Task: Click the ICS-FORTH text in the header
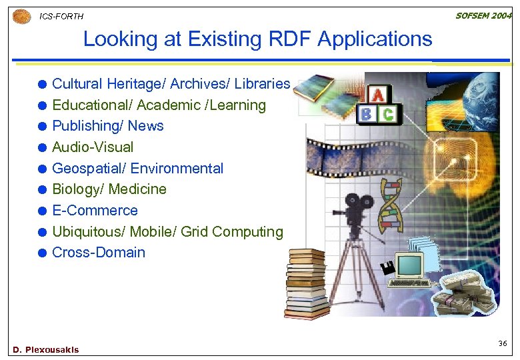pos(61,16)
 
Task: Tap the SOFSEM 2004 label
pos(483,15)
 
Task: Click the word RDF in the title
pos(286,39)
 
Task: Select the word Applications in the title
pos(375,39)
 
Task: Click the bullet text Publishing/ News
pos(107,126)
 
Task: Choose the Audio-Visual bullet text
pos(93,147)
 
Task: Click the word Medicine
pos(137,189)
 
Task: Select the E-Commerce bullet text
pos(95,211)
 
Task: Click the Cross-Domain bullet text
pos(98,253)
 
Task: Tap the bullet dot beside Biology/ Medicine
pos(42,190)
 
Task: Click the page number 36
pos(502,343)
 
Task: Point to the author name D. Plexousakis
pos(45,350)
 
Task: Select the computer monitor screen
pos(409,265)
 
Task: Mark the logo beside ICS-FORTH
pos(22,16)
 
